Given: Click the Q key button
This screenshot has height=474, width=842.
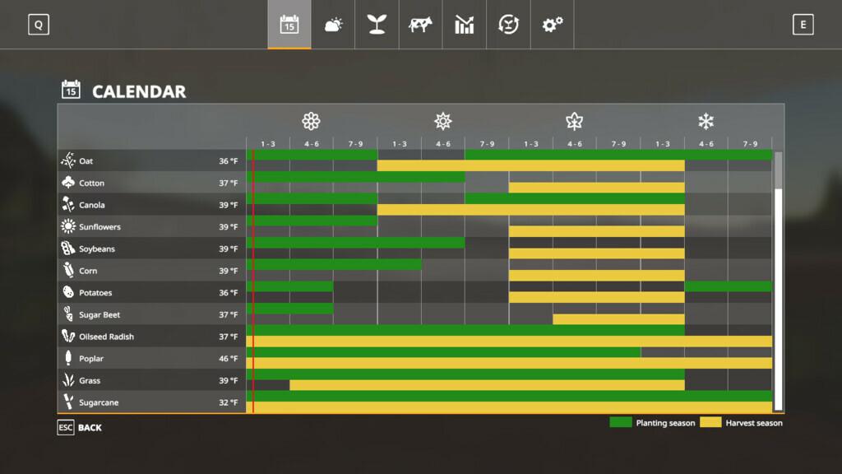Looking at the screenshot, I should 38,25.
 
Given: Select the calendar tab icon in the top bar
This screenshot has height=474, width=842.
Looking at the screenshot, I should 289,25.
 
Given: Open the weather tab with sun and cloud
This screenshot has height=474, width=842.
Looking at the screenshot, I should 333,25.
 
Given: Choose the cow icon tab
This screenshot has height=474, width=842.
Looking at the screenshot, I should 420,25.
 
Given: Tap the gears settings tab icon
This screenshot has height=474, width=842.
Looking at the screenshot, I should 552,25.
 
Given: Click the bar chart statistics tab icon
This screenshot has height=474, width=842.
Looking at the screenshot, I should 465,25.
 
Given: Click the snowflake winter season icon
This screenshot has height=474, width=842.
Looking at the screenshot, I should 706,122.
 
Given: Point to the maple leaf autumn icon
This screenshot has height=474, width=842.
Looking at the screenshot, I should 574,122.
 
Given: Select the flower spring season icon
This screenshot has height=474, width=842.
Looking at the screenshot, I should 311,122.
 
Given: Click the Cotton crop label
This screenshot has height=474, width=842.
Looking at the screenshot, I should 91,183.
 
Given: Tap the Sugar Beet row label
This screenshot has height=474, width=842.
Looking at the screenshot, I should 99,314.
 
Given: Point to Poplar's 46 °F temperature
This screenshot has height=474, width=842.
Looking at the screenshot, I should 228,359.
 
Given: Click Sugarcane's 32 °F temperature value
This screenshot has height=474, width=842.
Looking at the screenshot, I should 228,403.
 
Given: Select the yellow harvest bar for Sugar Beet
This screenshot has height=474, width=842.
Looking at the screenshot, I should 618,319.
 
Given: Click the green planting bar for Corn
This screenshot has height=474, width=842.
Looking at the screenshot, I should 334,264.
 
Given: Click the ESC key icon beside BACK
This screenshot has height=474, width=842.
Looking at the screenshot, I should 66,428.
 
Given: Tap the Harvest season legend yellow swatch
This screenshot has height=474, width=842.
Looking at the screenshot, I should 710,422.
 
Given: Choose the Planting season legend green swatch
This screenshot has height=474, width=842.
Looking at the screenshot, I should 620,422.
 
